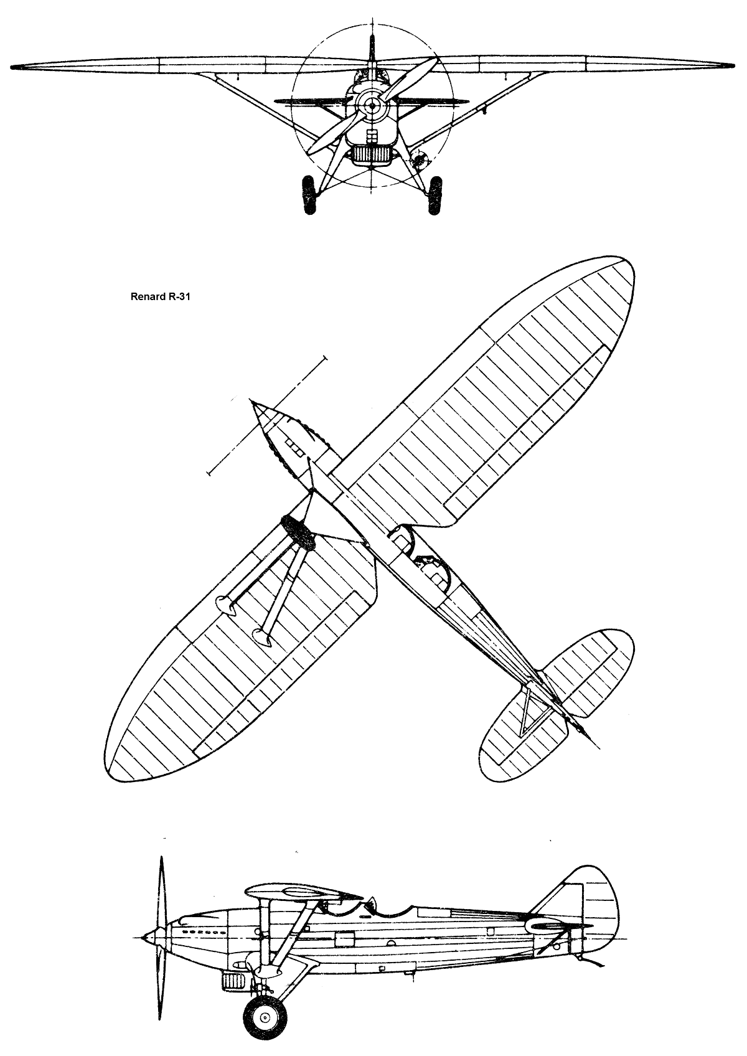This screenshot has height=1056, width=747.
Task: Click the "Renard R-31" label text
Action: coord(160,298)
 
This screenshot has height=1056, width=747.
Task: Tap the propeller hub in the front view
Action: coord(373,106)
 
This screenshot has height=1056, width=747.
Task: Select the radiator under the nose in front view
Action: coord(372,154)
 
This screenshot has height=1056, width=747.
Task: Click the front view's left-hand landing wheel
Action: coord(309,195)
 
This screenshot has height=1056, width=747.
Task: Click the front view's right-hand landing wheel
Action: coord(436,195)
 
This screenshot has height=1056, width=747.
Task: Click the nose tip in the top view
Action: coord(253,402)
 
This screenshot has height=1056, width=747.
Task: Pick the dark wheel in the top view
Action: coord(298,533)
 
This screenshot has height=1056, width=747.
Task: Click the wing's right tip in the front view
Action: coord(731,65)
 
